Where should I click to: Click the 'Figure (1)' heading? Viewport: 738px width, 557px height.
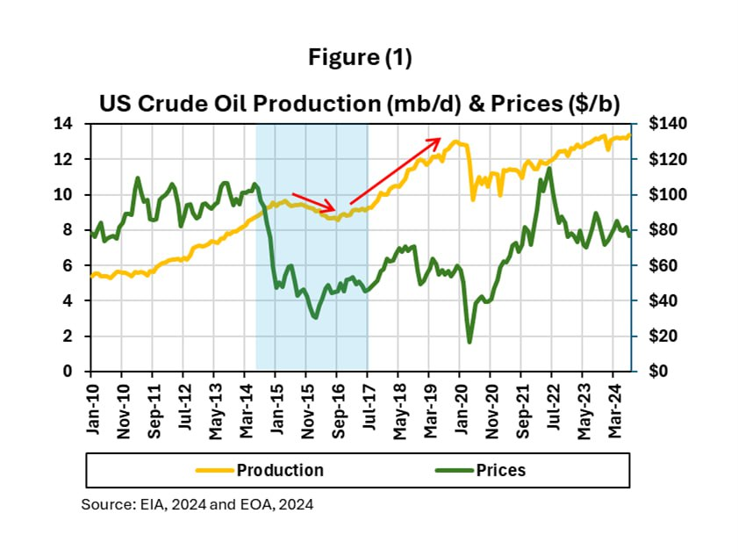tap(360, 58)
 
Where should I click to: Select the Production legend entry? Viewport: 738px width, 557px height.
tap(279, 470)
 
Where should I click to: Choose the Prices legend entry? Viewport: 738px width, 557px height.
tap(500, 470)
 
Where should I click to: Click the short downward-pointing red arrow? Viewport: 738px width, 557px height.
tap(313, 202)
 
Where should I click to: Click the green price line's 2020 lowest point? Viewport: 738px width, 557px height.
tap(469, 342)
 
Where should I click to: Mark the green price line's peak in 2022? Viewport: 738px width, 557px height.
tap(549, 168)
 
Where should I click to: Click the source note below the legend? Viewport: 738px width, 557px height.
tap(197, 505)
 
